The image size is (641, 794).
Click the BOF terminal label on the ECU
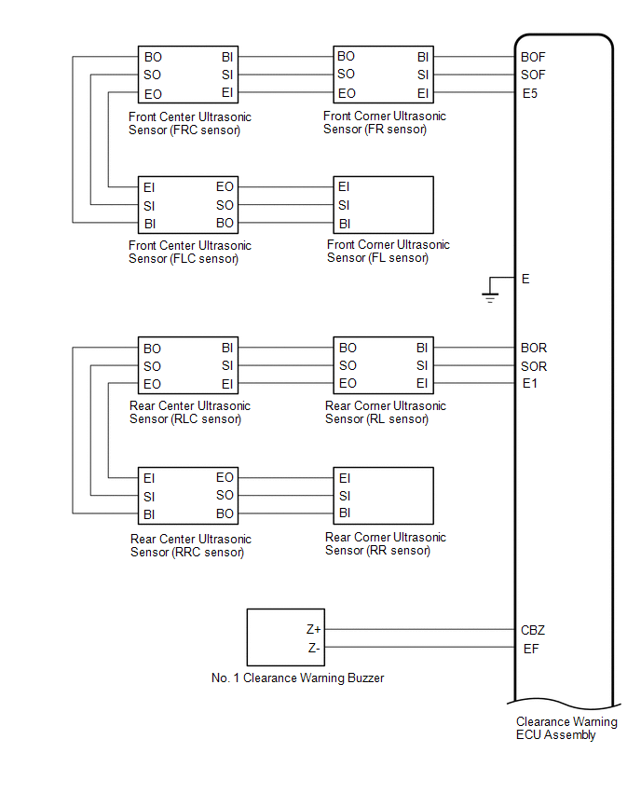pos(533,57)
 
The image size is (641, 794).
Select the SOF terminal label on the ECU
pos(533,75)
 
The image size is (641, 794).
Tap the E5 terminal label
pos(529,93)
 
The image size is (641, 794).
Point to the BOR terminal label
pos(534,348)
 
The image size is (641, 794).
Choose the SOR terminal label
pos(534,366)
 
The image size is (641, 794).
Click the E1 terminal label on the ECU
pos(529,383)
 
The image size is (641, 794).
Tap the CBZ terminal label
pos(533,630)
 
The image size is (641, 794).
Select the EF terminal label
pos(531,649)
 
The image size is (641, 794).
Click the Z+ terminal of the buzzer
pos(313,629)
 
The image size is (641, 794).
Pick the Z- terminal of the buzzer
pos(314,648)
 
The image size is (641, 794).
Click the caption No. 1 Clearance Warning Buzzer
pos(298,678)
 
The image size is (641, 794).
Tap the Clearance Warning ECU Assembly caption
pos(566,728)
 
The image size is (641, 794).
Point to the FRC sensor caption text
pos(190,124)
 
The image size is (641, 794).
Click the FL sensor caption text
pos(388,252)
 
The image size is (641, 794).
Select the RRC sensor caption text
pos(190,545)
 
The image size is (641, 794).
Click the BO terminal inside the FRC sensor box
pos(153,57)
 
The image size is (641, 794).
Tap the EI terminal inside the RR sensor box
pos(345,478)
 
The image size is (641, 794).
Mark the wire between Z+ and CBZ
pos(420,629)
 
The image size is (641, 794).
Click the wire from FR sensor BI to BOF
pos(474,57)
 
